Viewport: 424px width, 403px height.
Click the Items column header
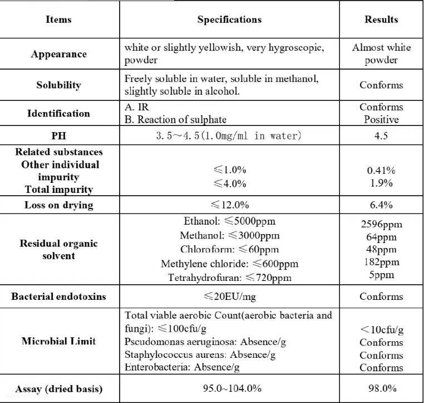tap(58, 20)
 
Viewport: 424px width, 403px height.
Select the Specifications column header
tap(229, 20)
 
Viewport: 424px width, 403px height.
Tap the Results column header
tap(381, 20)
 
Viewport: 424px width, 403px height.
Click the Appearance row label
tap(58, 54)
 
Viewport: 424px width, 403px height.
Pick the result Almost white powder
tap(381, 54)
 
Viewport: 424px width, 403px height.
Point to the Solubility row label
tap(58, 85)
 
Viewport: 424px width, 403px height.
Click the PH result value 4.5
tap(381, 135)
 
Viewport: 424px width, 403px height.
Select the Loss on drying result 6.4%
tap(381, 205)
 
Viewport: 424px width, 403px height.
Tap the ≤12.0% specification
tap(229, 205)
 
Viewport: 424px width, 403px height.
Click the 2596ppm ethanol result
tap(381, 225)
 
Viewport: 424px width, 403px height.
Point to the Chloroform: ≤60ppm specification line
tap(229, 249)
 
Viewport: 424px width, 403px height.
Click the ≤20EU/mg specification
tap(229, 297)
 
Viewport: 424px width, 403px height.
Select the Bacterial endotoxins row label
tap(58, 297)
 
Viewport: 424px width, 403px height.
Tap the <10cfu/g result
tap(381, 330)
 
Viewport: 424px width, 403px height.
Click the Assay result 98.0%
tap(381, 389)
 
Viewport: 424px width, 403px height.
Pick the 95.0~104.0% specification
tap(229, 389)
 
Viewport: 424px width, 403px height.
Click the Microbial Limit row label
tap(58, 341)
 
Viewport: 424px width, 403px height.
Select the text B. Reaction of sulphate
tap(176, 119)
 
